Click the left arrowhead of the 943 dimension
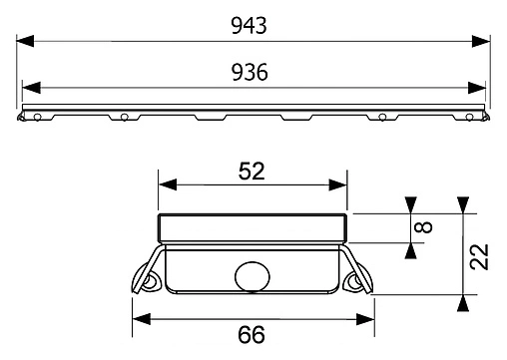coord(24,42)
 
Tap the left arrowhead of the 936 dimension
coord(28,87)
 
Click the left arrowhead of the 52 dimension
coord(165,185)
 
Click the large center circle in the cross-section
coord(252,275)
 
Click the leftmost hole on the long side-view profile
coord(36,118)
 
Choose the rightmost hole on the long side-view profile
coord(469,118)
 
